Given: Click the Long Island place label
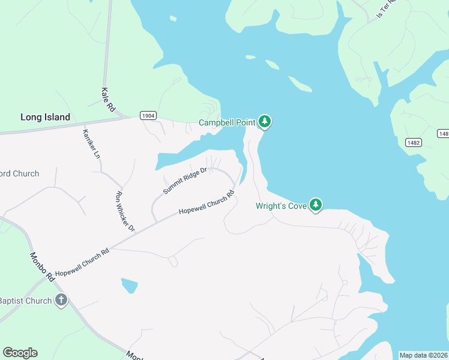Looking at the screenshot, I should (45, 117).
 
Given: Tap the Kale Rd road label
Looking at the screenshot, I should (108, 100).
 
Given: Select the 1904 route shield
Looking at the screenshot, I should (148, 116).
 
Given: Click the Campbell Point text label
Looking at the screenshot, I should (228, 123).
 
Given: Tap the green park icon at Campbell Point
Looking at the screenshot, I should (265, 122).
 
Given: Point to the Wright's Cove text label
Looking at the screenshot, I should (281, 206).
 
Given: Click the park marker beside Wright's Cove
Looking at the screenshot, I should (316, 205).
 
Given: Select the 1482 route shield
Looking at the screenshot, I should (413, 142).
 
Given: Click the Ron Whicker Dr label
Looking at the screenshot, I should (125, 211).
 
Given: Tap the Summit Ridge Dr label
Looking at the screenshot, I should (185, 181).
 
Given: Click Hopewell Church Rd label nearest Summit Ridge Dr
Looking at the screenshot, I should (206, 204).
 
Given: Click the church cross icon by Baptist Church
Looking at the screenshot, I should (61, 301).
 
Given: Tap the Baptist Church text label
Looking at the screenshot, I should (25, 301).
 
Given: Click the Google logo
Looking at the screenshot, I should (20, 353).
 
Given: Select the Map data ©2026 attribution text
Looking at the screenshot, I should (423, 355).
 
